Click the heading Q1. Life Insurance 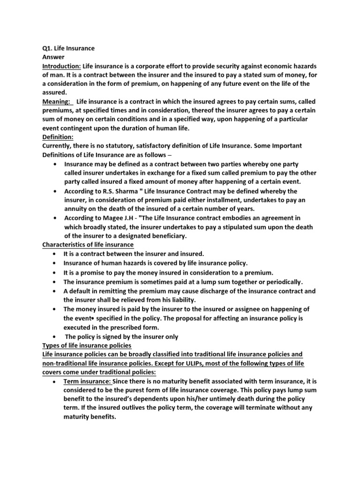(68, 48)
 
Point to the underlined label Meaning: (57, 102)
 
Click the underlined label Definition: (58, 137)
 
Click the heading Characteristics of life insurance (88, 245)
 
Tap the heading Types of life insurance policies (87, 345)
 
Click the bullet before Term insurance (56, 382)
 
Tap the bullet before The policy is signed (56, 337)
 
